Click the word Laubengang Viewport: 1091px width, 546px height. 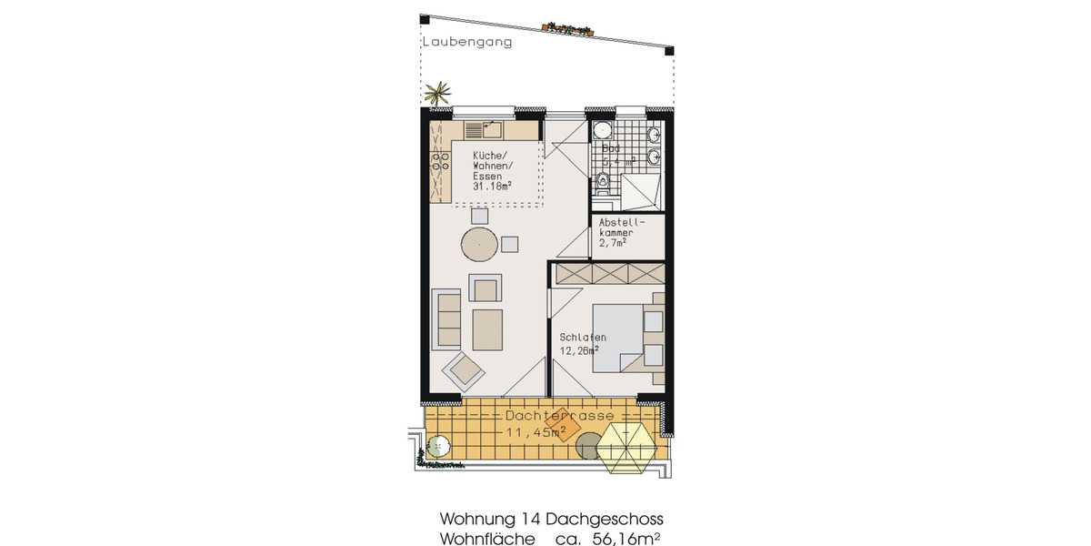pos(466,42)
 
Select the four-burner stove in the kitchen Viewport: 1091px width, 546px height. pos(441,163)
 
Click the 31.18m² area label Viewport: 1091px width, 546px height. pos(492,187)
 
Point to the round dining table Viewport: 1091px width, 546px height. pos(479,243)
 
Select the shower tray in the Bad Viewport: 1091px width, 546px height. pos(642,190)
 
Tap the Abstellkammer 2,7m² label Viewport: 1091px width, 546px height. pos(621,232)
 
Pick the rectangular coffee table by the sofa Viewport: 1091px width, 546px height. pos(487,329)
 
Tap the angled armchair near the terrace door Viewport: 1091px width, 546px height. pos(465,369)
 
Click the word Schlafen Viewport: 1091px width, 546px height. pos(583,338)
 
